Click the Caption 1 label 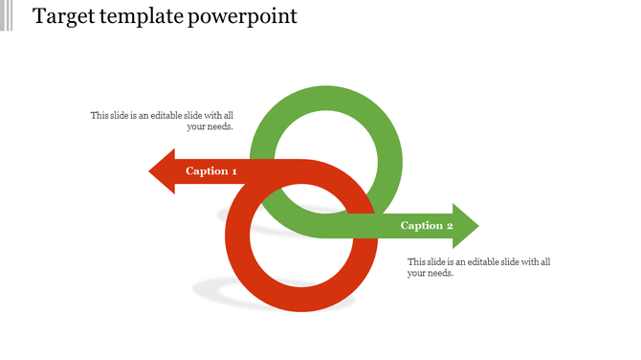tap(211, 171)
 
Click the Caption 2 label tap(427, 226)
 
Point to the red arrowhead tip tap(151, 171)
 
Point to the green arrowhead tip tap(476, 226)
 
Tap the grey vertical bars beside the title tap(7, 16)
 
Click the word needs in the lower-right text tap(441, 273)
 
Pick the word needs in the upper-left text tap(220, 126)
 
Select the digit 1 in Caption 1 tap(233, 171)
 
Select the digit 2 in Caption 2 tap(450, 226)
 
